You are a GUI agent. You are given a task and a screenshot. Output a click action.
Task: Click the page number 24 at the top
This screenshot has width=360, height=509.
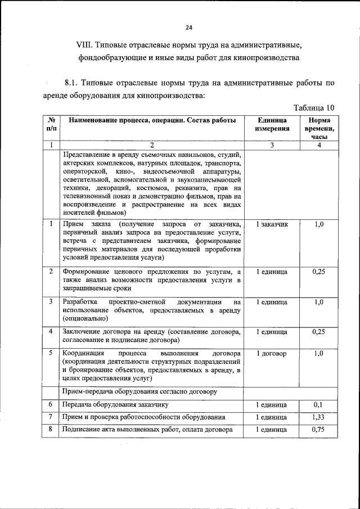coord(188,28)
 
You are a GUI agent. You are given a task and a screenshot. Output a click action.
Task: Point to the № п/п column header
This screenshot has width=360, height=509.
coord(51,124)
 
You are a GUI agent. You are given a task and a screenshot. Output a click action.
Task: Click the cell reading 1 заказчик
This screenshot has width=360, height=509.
coord(272,224)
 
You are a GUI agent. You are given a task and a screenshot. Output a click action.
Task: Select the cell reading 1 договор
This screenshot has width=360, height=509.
coord(272,354)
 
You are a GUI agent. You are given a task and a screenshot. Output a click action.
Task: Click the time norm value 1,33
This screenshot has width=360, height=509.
coord(319,417)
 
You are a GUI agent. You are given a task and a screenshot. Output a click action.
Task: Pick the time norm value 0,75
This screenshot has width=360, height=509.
coord(319,429)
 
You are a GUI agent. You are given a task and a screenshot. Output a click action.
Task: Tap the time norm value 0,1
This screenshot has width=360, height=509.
coord(319,404)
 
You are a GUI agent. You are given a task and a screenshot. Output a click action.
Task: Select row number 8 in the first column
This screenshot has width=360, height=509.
coord(51,429)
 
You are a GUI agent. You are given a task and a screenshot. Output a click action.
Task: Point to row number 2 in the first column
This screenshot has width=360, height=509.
coord(51,272)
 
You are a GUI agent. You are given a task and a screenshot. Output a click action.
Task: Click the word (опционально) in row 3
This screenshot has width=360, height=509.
coord(82,318)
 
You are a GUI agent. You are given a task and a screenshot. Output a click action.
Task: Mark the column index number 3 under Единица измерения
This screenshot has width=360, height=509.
coord(272,145)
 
